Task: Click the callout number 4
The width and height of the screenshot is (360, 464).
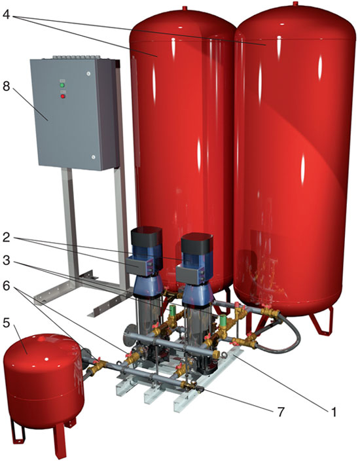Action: point(6,14)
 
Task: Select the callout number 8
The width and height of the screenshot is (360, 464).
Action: point(6,86)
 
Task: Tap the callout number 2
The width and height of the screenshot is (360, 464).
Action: point(6,238)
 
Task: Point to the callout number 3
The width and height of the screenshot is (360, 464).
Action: point(6,260)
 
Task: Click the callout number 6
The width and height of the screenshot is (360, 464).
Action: point(6,286)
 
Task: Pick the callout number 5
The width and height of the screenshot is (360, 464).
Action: point(6,323)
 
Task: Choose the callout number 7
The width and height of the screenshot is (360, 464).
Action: point(281,412)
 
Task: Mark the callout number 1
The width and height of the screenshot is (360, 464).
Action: point(334,412)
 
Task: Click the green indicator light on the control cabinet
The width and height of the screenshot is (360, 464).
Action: point(62,85)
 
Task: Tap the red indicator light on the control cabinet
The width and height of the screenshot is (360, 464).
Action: point(63,96)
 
